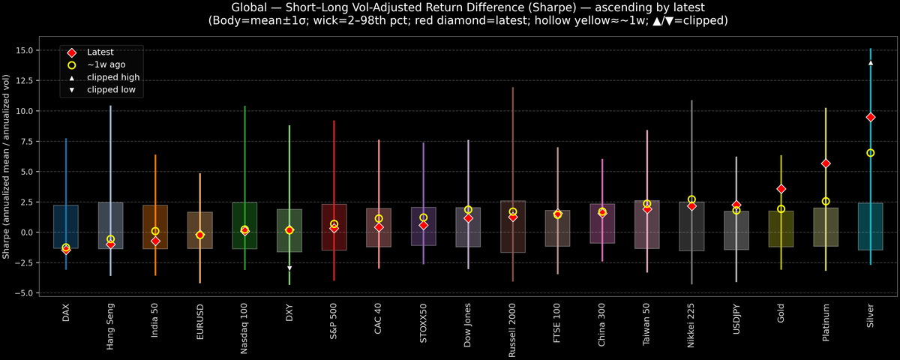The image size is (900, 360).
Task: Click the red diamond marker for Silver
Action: tap(871, 117)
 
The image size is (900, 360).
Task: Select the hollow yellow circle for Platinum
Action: tap(826, 201)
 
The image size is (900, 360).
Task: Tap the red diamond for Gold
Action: tap(781, 189)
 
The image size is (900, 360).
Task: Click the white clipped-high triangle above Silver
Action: tap(871, 63)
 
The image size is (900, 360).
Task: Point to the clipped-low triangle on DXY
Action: tap(289, 268)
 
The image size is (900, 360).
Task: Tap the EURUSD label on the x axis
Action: tap(200, 323)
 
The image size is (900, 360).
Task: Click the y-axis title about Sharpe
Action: tap(7, 166)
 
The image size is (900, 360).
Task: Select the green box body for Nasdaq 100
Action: tap(244, 225)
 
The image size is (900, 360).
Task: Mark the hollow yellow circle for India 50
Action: tap(155, 231)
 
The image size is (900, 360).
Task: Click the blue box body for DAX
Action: tap(66, 225)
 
